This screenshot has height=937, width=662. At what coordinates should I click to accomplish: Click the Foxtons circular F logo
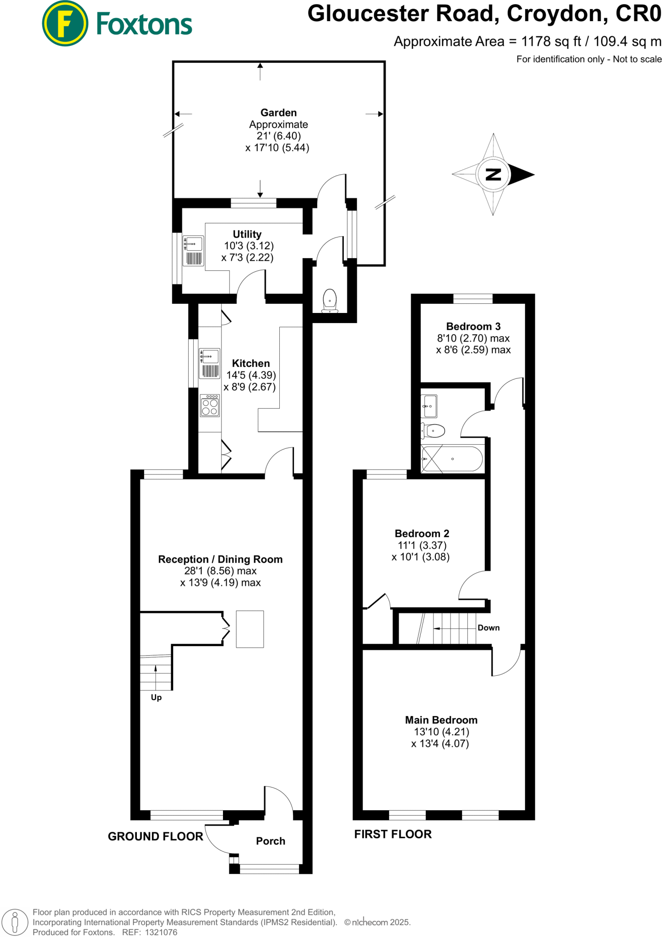tap(65, 23)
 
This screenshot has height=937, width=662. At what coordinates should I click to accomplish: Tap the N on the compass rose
tap(493, 174)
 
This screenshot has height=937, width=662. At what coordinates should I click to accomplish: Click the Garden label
tap(278, 113)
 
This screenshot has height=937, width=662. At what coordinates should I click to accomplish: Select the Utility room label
tap(247, 234)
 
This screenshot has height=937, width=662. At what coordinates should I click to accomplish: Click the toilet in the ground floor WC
tap(330, 301)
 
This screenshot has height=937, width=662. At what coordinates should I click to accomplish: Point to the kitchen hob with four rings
tap(210, 406)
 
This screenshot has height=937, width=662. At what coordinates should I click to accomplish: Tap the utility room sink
tap(194, 244)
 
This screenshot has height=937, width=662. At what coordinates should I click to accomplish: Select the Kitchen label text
tap(251, 363)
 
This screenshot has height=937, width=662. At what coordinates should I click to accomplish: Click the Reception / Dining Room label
tap(220, 559)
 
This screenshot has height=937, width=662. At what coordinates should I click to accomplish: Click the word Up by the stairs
tap(156, 697)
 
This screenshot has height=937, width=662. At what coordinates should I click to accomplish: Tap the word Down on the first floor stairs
tap(488, 628)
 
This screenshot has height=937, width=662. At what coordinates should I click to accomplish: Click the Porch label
tap(270, 841)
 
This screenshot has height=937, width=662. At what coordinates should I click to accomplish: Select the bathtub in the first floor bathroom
tap(452, 459)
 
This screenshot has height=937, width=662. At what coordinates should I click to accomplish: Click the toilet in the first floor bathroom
tap(433, 431)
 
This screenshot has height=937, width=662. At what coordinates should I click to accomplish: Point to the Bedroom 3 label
tap(473, 326)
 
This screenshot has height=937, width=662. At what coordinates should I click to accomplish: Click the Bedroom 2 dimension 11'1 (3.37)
tap(422, 545)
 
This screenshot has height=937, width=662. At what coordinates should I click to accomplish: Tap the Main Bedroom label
tap(441, 720)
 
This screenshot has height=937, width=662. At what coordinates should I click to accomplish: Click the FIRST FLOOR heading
tap(393, 834)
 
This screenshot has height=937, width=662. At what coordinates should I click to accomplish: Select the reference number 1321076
tap(161, 932)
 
